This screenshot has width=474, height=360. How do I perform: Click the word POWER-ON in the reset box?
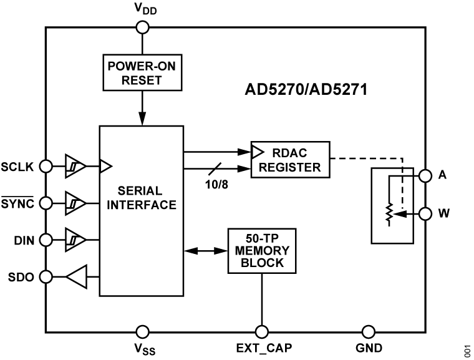[x=142, y=66]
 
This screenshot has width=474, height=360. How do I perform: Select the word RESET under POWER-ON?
[x=142, y=80]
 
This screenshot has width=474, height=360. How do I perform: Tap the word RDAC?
[x=289, y=153]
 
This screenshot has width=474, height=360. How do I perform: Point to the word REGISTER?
[x=290, y=167]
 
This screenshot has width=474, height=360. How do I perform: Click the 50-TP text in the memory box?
[x=261, y=238]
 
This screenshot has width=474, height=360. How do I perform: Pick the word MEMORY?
[x=261, y=250]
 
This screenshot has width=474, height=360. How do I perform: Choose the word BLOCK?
[x=261, y=263]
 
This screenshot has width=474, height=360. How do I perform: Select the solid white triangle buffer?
[x=78, y=276]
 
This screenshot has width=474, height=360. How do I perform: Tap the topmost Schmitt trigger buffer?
[x=74, y=167]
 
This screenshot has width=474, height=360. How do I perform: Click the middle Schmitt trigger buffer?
[x=74, y=203]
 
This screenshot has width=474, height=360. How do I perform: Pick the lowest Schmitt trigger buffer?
[x=74, y=240]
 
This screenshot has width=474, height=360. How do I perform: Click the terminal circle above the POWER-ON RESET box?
[x=142, y=27]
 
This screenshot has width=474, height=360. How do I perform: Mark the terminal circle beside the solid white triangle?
[x=46, y=277]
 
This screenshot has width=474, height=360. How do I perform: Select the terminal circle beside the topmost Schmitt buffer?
[x=46, y=167]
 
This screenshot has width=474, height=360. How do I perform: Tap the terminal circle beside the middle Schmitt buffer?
[x=46, y=203]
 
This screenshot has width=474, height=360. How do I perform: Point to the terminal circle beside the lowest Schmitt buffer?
[x=46, y=240]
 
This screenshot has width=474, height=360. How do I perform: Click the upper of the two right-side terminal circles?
[x=425, y=176]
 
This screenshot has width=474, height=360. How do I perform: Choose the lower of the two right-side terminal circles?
[x=425, y=214]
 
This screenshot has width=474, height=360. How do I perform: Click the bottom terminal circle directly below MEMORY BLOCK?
[x=262, y=332]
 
